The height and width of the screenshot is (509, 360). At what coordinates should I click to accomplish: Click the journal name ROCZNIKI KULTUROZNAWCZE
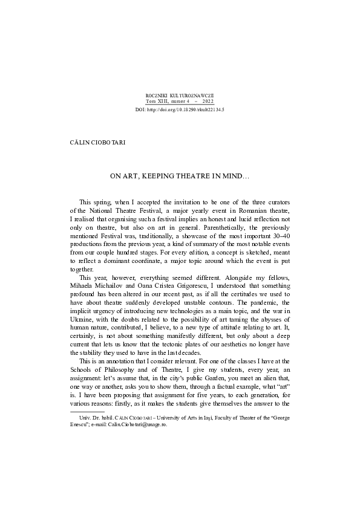180,96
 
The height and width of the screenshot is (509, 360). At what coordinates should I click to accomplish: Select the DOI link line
180,111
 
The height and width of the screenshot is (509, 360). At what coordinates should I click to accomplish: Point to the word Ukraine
83,325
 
